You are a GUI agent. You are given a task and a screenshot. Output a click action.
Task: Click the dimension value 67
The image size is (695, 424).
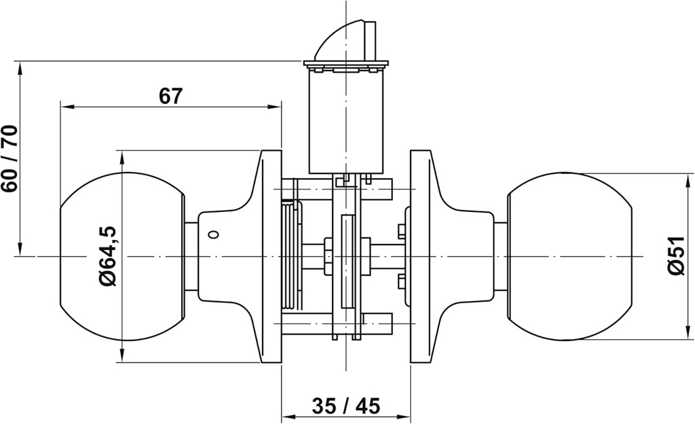point(170,96)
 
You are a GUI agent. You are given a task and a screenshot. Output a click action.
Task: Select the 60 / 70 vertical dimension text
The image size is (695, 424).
point(10,158)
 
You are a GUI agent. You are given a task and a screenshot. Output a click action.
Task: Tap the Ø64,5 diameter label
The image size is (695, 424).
point(109,256)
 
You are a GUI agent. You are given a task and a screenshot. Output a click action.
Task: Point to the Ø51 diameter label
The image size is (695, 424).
point(675,256)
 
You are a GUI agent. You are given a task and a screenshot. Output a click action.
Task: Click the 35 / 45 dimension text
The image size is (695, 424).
point(346,406)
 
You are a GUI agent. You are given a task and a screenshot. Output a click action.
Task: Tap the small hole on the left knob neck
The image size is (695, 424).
point(214,235)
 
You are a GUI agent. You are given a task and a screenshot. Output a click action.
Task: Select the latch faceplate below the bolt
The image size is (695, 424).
point(346,66)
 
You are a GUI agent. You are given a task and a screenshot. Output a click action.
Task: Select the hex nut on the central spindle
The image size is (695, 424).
point(328,256)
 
